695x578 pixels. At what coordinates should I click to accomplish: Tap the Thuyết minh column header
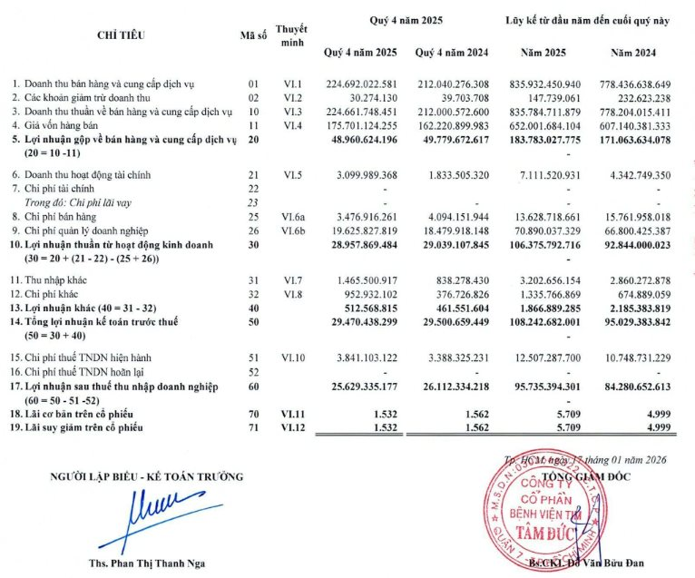click(x=291, y=34)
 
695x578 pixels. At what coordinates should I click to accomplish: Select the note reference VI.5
click(x=291, y=173)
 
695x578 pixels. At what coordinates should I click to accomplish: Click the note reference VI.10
click(x=291, y=358)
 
